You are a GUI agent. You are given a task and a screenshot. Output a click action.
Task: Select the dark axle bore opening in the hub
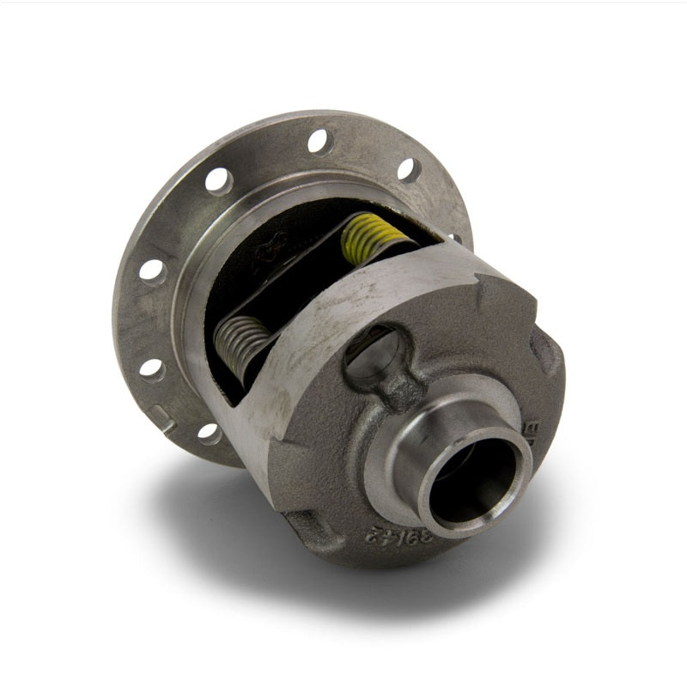(477, 490)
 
